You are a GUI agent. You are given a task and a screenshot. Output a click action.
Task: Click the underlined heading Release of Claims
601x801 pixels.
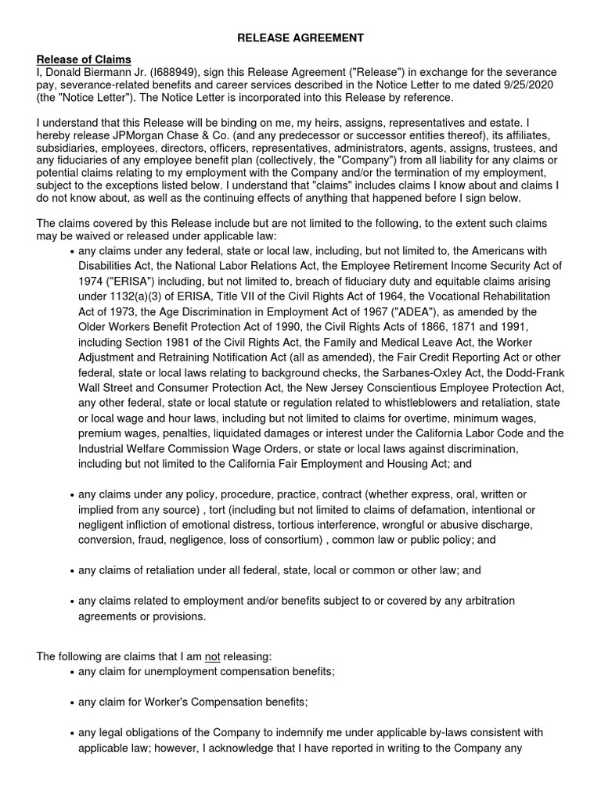tap(84, 59)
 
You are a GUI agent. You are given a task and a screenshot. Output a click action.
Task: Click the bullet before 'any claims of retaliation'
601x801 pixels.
tap(72, 571)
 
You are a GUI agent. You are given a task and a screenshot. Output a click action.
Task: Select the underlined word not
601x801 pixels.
tap(212, 656)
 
